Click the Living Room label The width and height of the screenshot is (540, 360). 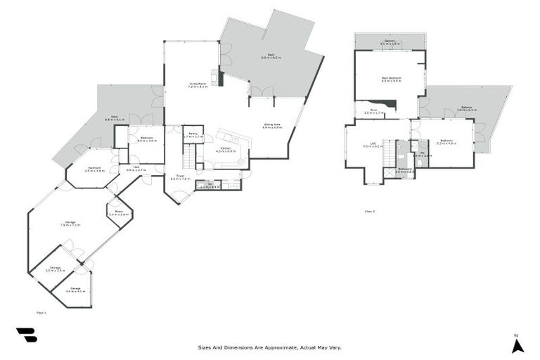point(197,86)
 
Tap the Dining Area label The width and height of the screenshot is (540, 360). point(273,126)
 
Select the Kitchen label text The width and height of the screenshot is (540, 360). point(223,150)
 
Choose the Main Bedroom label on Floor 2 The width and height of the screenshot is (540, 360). point(392,79)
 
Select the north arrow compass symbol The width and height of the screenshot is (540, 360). point(517,345)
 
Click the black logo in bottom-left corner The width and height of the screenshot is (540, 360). point(26,335)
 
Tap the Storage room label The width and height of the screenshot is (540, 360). point(55,269)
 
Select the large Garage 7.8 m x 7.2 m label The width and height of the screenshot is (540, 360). point(71,224)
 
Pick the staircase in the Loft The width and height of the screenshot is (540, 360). point(389,157)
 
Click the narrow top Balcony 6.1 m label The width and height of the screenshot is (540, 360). point(390,42)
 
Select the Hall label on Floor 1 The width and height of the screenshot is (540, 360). point(136,169)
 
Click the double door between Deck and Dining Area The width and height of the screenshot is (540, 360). point(261,92)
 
